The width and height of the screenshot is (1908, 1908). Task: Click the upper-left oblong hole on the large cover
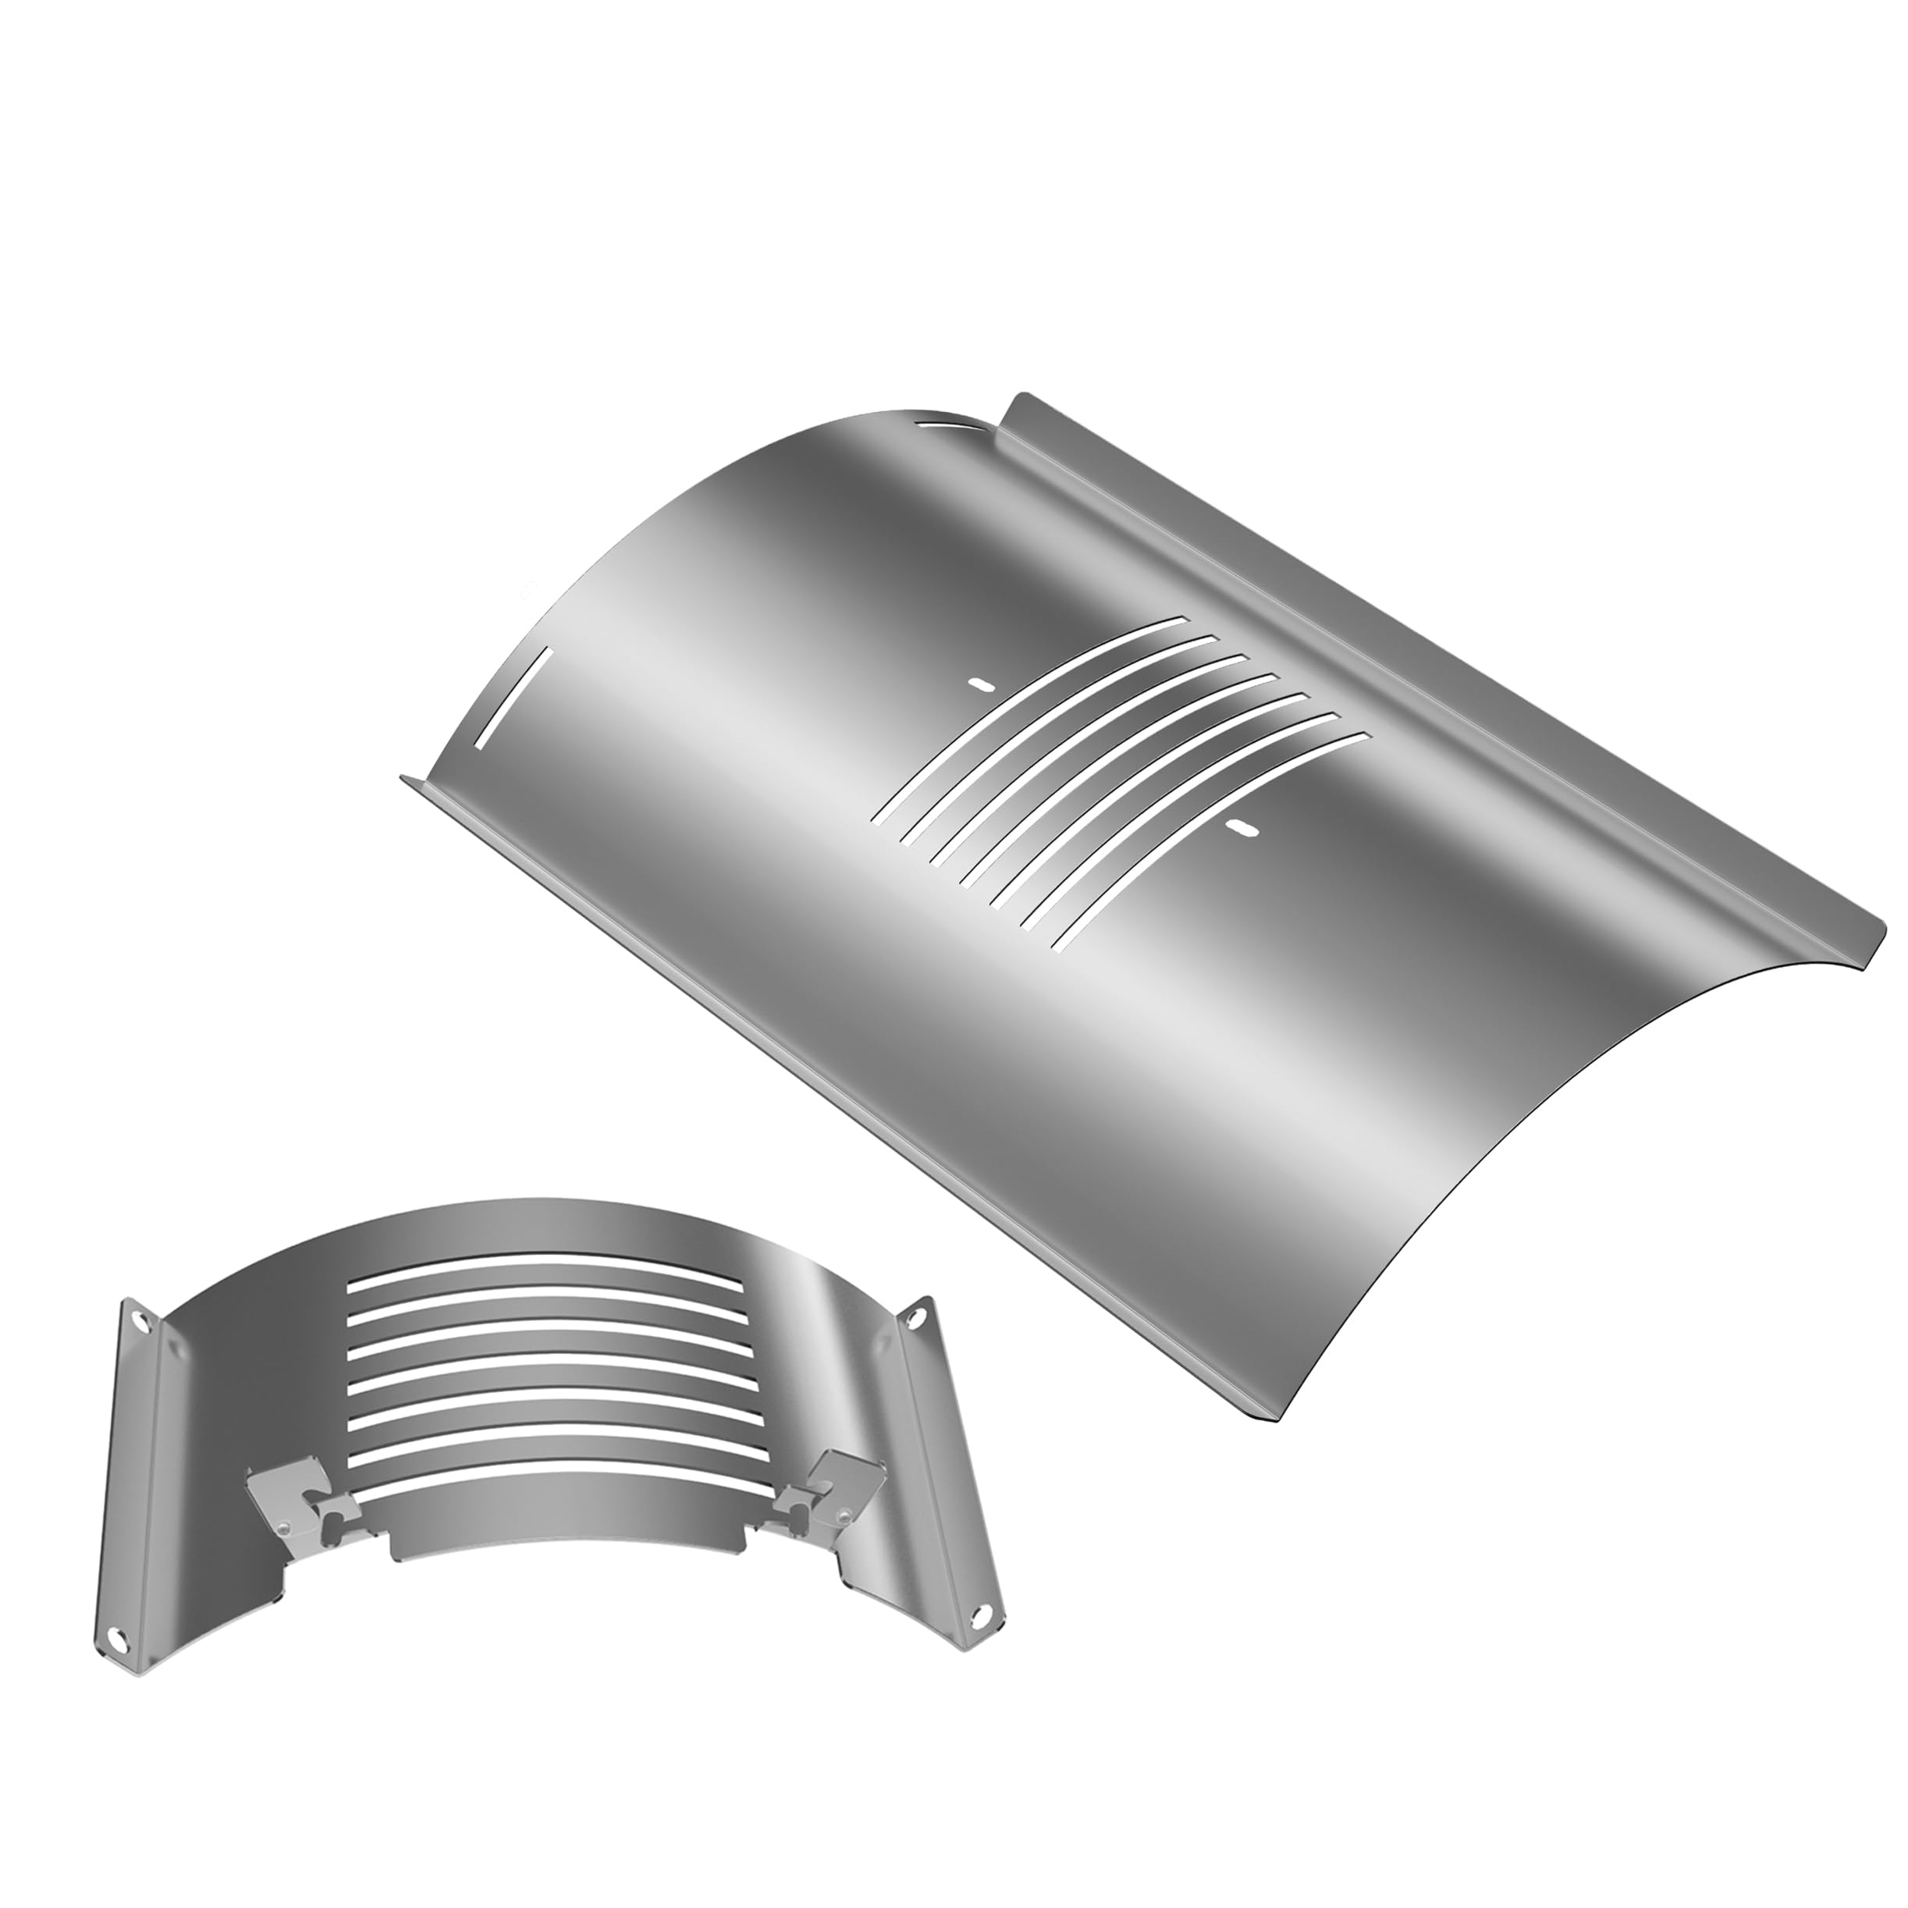coord(979,684)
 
